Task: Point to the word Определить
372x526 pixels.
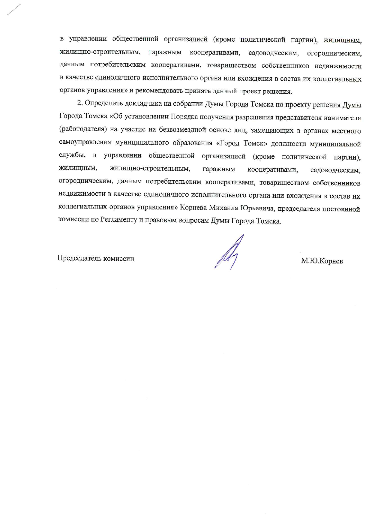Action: coord(104,104)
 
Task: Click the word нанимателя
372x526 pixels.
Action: coord(342,117)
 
